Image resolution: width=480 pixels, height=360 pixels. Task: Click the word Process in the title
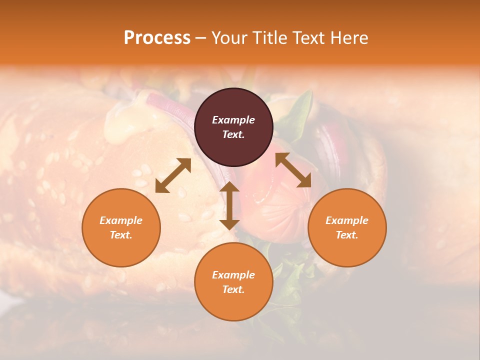point(157,38)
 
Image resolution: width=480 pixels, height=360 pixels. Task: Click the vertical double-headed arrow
point(229,206)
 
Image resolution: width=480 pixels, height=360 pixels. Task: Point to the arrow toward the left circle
point(173,175)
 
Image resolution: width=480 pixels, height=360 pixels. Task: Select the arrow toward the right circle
point(293,170)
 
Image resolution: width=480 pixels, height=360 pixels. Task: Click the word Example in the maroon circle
point(233,120)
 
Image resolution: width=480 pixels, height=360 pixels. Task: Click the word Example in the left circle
point(121,220)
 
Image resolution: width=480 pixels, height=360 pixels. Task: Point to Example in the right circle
point(347,220)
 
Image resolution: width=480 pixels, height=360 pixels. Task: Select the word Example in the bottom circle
point(233,275)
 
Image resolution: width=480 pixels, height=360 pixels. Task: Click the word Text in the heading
point(310,38)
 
